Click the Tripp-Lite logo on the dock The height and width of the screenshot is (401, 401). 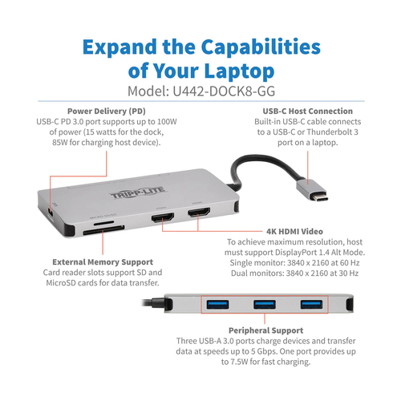[138, 193]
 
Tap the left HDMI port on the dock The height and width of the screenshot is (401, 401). [163, 217]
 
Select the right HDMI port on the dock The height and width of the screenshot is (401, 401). [199, 213]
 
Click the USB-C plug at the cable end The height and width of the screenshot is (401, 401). [312, 190]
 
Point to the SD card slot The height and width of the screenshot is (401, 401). [103, 230]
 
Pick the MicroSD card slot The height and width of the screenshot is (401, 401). [103, 222]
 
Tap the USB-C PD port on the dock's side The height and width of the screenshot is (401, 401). [51, 213]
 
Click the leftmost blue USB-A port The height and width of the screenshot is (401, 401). [217, 305]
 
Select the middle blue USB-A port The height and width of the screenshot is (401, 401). [265, 305]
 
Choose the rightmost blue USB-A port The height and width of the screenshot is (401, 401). [311, 305]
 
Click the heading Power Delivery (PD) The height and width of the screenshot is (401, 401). [107, 111]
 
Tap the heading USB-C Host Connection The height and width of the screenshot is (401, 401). [308, 111]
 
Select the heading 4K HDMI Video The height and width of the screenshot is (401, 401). [294, 232]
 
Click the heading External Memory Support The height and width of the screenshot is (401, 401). [103, 262]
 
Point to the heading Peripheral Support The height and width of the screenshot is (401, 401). [266, 330]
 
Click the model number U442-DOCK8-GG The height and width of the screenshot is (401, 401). [224, 91]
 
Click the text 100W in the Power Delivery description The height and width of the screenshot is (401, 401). [167, 122]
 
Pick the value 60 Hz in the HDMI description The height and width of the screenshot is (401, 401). [350, 263]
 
